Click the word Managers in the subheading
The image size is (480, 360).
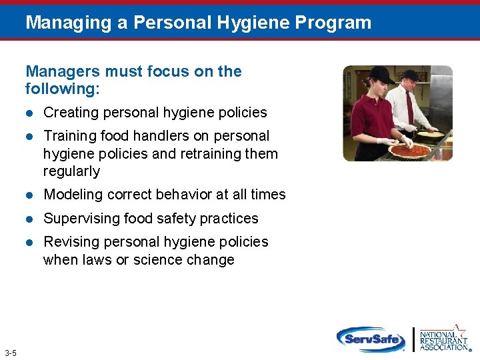pyautogui.click(x=57, y=71)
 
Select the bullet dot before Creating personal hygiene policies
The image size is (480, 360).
pyautogui.click(x=29, y=113)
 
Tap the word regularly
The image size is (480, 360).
pyautogui.click(x=71, y=171)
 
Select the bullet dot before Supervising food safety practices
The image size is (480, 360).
pyautogui.click(x=29, y=219)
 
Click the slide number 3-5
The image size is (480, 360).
pyautogui.click(x=11, y=353)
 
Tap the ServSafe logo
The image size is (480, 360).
pyautogui.click(x=371, y=339)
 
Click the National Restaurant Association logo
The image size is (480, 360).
pyautogui.click(x=443, y=339)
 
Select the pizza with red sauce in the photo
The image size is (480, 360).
pyautogui.click(x=411, y=150)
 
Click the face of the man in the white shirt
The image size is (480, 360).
pyautogui.click(x=408, y=82)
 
